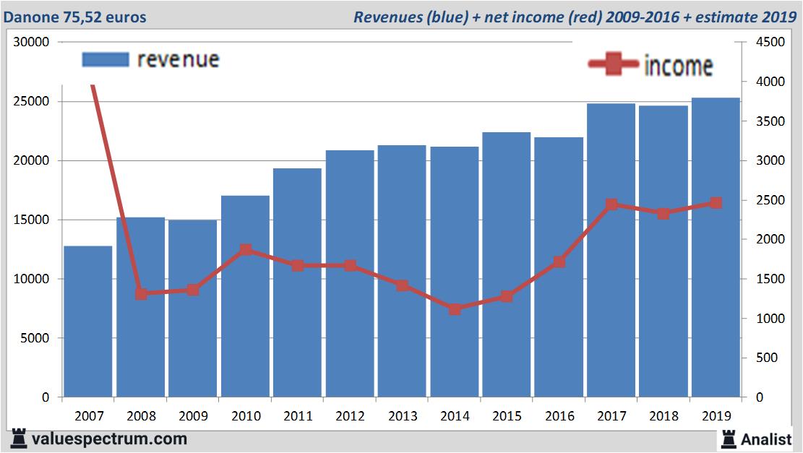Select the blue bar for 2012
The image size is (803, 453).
(x=350, y=274)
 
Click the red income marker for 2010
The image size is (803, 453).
(x=246, y=250)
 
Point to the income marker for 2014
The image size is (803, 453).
(x=455, y=309)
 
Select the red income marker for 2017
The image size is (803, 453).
(x=611, y=204)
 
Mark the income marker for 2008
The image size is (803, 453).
(x=141, y=294)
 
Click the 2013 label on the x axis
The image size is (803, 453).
(x=403, y=416)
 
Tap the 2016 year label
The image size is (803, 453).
(x=559, y=416)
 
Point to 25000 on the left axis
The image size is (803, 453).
(x=32, y=102)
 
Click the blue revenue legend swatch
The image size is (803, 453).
(x=106, y=59)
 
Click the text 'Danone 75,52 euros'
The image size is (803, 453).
(x=74, y=17)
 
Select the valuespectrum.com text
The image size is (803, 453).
(x=109, y=439)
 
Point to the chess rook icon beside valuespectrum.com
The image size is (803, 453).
(x=20, y=439)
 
